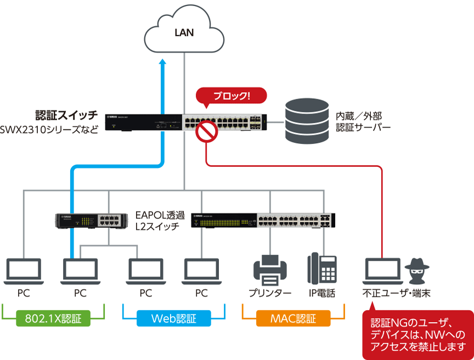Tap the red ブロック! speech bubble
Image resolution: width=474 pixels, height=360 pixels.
232,96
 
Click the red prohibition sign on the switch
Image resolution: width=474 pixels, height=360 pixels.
207,131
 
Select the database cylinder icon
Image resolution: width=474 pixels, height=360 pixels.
307,121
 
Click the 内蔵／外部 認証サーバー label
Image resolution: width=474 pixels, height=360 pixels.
363,121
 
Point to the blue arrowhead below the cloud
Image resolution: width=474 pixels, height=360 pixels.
162,61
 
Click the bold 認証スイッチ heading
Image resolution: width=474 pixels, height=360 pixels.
66,115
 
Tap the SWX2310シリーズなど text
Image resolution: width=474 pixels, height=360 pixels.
49,130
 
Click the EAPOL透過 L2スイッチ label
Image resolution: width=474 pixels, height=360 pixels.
160,221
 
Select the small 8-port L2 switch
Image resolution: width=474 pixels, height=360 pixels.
92,221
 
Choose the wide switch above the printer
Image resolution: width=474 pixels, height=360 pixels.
263,220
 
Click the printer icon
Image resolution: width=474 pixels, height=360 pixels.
270,270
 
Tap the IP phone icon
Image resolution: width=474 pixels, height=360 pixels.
322,268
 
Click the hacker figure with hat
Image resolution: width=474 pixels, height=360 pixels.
417,271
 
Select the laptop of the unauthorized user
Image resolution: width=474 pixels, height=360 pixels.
383,271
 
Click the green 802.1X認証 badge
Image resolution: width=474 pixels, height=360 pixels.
53,318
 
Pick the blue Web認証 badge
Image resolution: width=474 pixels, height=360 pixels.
174,318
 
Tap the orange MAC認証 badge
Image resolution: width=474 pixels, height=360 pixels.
293,318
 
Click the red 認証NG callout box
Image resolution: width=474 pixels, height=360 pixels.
418,334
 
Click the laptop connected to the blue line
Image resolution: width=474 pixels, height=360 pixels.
80,271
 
